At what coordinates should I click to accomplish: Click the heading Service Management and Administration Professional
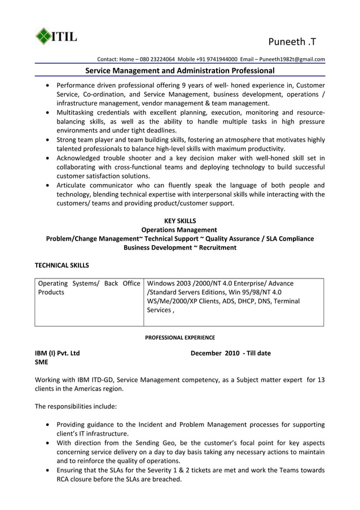click(x=179, y=71)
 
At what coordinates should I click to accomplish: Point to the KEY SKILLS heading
click(x=179, y=221)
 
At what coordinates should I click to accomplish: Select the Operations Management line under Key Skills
click(x=179, y=230)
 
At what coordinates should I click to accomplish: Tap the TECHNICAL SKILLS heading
click(x=62, y=264)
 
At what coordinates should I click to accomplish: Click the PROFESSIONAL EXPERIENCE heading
click(x=179, y=338)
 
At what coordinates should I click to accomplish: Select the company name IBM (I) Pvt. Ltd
click(x=57, y=353)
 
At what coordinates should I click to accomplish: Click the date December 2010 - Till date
click(x=230, y=353)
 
